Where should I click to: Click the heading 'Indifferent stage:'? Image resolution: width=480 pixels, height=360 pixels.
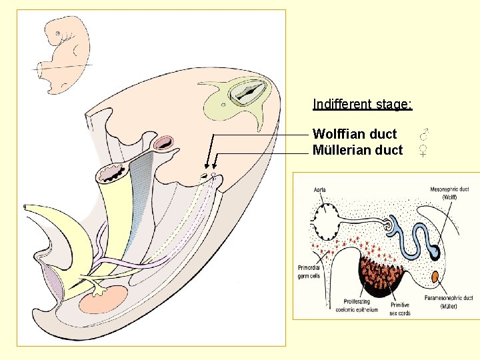[363, 105]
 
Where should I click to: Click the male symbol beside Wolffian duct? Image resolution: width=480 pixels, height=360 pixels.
[423, 134]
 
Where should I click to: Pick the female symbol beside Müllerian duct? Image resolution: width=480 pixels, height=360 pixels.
[423, 151]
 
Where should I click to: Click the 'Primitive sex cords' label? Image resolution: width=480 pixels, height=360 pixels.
[400, 308]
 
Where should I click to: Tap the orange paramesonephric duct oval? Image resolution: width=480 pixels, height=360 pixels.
[435, 277]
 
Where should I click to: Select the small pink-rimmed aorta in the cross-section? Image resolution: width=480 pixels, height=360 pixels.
[163, 142]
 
